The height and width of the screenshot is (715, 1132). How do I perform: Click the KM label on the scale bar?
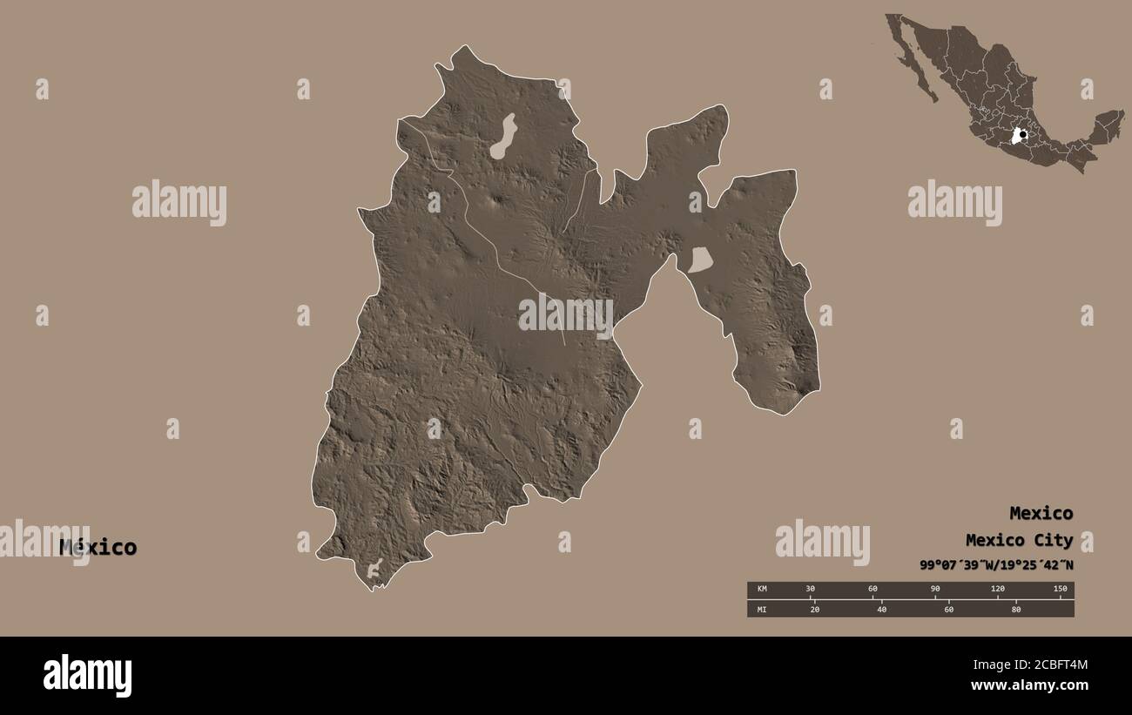click(x=762, y=590)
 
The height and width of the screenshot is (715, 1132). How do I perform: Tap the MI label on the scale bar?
click(x=762, y=609)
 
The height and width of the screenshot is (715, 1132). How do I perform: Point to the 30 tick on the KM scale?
click(x=810, y=590)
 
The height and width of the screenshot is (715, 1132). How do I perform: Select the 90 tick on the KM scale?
click(x=935, y=590)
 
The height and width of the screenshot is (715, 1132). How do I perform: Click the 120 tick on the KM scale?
click(x=998, y=590)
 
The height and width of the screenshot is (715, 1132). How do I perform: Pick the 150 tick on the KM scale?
click(x=1060, y=590)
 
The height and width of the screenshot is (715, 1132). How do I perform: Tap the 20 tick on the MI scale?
click(x=815, y=609)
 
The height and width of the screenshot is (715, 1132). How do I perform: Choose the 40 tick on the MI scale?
click(x=882, y=609)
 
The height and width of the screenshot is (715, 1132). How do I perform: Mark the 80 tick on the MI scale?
click(x=1015, y=609)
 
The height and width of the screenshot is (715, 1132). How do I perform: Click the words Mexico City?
click(x=1019, y=540)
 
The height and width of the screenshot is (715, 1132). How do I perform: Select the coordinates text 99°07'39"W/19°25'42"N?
click(x=996, y=564)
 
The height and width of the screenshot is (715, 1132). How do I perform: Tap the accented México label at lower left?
click(x=98, y=547)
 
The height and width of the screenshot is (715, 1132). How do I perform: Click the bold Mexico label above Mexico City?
click(x=1041, y=513)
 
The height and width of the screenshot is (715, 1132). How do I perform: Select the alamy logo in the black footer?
click(x=87, y=676)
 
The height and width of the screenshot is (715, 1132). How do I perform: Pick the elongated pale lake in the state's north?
click(x=502, y=137)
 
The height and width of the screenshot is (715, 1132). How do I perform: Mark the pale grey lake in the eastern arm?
click(x=700, y=260)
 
